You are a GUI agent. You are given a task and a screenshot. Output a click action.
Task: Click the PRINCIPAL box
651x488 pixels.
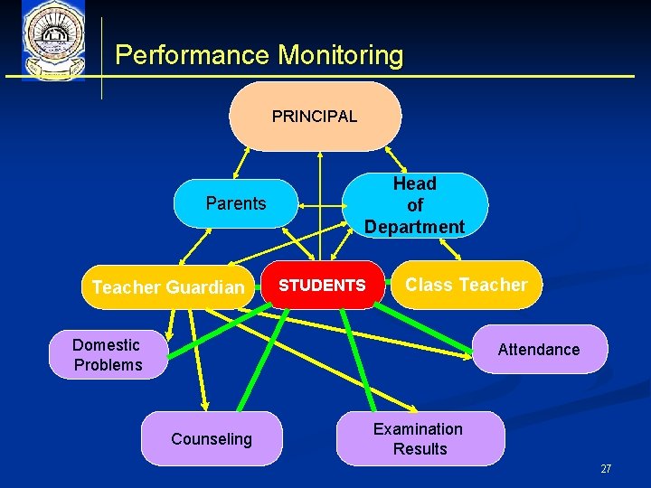tap(315, 117)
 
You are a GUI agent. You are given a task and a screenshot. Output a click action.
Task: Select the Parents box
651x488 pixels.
tap(235, 203)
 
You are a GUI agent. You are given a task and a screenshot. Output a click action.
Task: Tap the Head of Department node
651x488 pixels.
tap(414, 205)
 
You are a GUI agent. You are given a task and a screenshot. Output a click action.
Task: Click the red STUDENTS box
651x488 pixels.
tap(322, 286)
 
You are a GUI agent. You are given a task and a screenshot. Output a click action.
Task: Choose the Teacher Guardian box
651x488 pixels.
tap(168, 287)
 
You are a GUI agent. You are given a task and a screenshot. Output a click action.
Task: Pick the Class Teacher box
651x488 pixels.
tap(466, 285)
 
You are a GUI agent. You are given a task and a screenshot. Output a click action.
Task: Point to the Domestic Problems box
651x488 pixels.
tap(108, 354)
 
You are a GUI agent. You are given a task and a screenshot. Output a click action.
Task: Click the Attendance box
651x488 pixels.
tap(539, 349)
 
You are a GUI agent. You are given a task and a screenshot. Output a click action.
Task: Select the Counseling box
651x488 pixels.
tap(212, 439)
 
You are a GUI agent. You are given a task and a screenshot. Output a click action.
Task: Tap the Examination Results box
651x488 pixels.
tap(419, 438)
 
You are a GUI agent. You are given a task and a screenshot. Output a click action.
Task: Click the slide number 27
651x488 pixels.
tap(606, 469)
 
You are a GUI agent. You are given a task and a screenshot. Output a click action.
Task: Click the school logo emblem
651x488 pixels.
tap(52, 41)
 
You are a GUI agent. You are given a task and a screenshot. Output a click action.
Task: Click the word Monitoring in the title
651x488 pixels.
tap(340, 55)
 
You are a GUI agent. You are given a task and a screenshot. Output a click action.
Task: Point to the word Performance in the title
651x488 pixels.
tap(193, 55)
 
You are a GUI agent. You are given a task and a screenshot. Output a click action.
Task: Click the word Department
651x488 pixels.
tap(414, 227)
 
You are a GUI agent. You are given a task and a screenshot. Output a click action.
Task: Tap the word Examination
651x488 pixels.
tap(418, 428)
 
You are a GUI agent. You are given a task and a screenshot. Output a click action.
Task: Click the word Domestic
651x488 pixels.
tap(106, 344)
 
